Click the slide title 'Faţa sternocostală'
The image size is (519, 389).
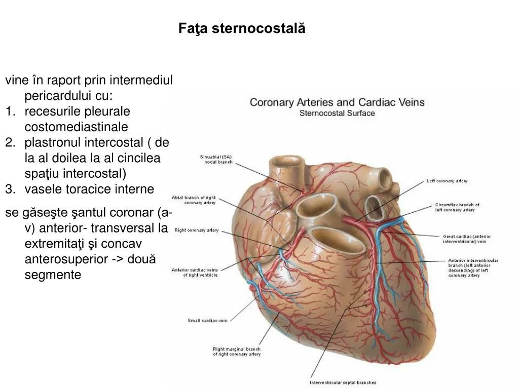point(242,28)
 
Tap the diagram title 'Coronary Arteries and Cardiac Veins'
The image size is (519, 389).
point(337,102)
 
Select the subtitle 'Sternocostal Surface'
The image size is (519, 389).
point(337,113)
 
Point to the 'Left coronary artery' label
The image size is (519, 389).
point(447,181)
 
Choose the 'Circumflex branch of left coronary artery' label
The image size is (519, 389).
point(457,207)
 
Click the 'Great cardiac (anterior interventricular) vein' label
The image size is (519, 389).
point(466,239)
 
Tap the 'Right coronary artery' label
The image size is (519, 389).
point(196,230)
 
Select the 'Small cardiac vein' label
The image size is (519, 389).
point(207,320)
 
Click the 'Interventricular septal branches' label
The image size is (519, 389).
point(343,382)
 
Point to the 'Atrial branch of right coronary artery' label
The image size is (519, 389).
point(194,200)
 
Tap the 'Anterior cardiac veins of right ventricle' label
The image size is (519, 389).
point(195,272)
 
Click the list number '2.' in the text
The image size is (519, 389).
point(11,142)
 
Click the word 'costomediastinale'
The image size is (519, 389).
point(76,127)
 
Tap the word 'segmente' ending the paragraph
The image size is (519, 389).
point(53,275)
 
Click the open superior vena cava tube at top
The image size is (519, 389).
point(286,163)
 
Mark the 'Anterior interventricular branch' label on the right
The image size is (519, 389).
point(473,268)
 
